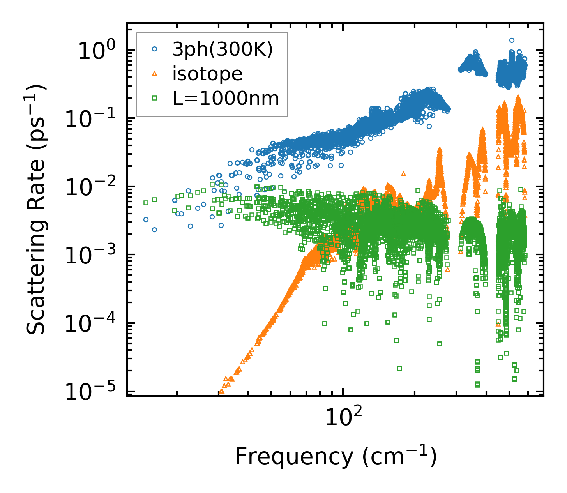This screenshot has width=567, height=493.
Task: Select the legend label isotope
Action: pyautogui.click(x=207, y=74)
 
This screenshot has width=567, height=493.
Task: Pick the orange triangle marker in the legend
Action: pyautogui.click(x=155, y=73)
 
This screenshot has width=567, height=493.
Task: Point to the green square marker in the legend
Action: pyautogui.click(x=155, y=98)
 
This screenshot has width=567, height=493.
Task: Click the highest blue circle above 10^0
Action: pyautogui.click(x=512, y=40)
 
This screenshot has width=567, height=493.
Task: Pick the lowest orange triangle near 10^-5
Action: pyautogui.click(x=222, y=391)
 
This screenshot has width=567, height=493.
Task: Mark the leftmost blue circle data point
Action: pyautogui.click(x=146, y=220)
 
